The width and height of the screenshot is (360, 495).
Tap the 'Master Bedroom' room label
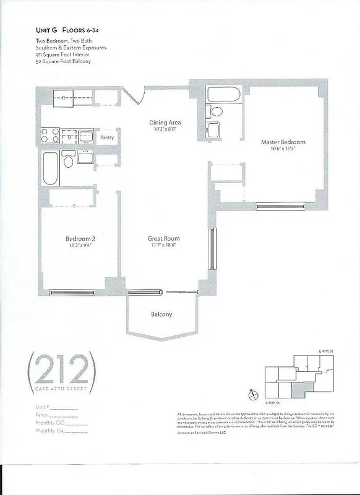(x=283, y=142)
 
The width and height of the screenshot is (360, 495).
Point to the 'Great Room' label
(x=163, y=238)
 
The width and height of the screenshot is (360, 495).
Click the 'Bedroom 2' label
(x=80, y=238)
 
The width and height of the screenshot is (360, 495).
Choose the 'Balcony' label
(x=161, y=314)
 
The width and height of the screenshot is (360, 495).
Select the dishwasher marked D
(x=69, y=137)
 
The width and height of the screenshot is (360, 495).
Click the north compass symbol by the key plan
(x=252, y=394)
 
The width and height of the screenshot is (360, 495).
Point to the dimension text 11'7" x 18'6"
(x=163, y=246)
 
